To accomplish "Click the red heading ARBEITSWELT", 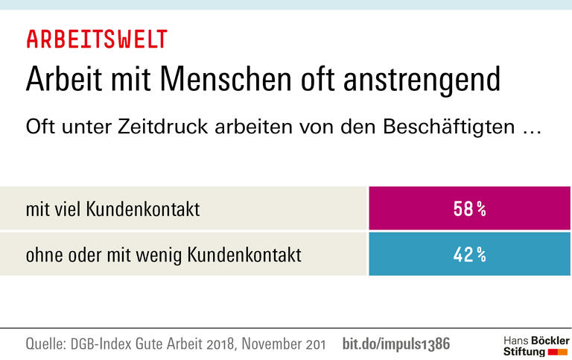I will tap(97, 39).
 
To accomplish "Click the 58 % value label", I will tap(470, 209).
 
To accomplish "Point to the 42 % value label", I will tap(470, 255).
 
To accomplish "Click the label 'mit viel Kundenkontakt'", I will tap(112, 209).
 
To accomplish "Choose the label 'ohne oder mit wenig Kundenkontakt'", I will tap(163, 255).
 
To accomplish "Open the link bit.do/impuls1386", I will tap(396, 344).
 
